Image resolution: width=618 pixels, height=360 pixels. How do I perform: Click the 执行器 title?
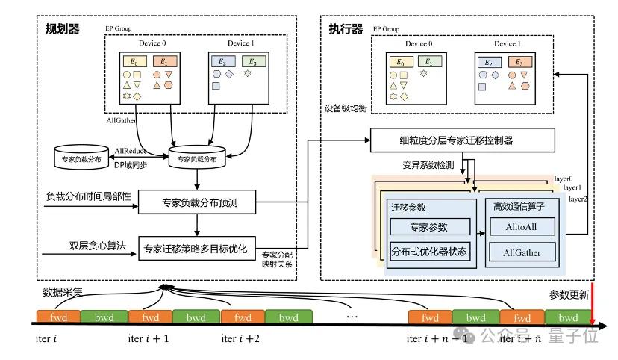click(x=346, y=29)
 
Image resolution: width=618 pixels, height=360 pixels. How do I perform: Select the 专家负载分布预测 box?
click(x=197, y=202)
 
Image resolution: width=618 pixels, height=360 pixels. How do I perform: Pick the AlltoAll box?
click(x=522, y=225)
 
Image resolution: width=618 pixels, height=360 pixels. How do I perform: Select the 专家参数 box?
click(x=430, y=226)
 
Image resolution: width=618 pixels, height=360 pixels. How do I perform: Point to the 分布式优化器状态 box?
click(x=430, y=252)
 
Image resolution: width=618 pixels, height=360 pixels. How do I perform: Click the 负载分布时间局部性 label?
click(x=89, y=196)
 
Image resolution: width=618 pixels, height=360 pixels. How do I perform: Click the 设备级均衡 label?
click(x=345, y=108)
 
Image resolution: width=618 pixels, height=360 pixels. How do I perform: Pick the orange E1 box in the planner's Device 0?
click(x=163, y=62)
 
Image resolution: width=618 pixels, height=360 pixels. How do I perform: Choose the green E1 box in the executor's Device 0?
click(x=426, y=61)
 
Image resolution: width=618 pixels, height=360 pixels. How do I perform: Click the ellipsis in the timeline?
click(x=352, y=316)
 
